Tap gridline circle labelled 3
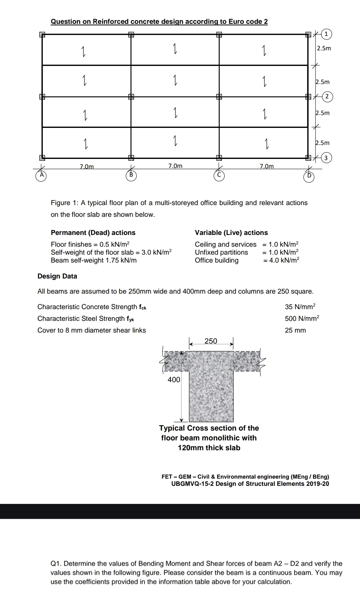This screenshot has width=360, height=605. click(x=327, y=157)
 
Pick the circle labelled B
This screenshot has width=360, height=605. click(x=131, y=175)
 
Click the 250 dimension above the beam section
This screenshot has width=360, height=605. click(x=211, y=341)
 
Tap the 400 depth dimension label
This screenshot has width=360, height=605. click(x=174, y=379)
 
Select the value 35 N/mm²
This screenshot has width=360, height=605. click(x=300, y=306)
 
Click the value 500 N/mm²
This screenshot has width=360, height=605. click(x=302, y=318)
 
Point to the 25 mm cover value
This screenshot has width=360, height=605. click(x=295, y=330)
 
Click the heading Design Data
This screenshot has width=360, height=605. click(x=57, y=276)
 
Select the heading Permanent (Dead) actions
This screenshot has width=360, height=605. click(x=93, y=232)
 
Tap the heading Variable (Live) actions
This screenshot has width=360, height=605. click(x=231, y=232)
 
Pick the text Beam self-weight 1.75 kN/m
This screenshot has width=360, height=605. click(x=93, y=260)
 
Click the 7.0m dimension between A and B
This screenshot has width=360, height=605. click(x=86, y=166)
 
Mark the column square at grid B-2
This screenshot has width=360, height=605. click(x=131, y=96)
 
